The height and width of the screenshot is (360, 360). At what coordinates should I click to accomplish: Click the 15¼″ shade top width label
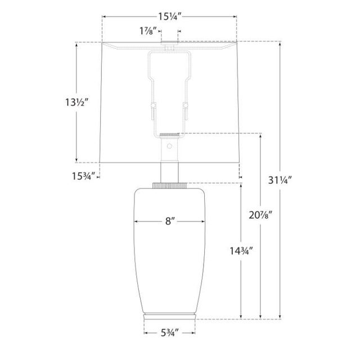170,16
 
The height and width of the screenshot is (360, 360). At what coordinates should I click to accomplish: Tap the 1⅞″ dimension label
148,31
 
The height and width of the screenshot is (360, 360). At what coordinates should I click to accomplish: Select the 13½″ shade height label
77,102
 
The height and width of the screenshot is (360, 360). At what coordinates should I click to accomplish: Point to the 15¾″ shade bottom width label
84,176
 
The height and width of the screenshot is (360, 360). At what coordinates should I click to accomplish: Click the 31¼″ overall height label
280,180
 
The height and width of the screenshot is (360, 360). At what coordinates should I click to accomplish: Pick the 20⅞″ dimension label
260,215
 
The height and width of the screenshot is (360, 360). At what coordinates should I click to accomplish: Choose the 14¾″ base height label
241,251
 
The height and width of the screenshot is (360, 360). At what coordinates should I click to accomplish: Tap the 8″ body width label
170,221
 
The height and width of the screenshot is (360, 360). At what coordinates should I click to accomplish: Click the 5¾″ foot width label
170,332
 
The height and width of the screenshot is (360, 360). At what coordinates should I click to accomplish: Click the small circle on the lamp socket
169,146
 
